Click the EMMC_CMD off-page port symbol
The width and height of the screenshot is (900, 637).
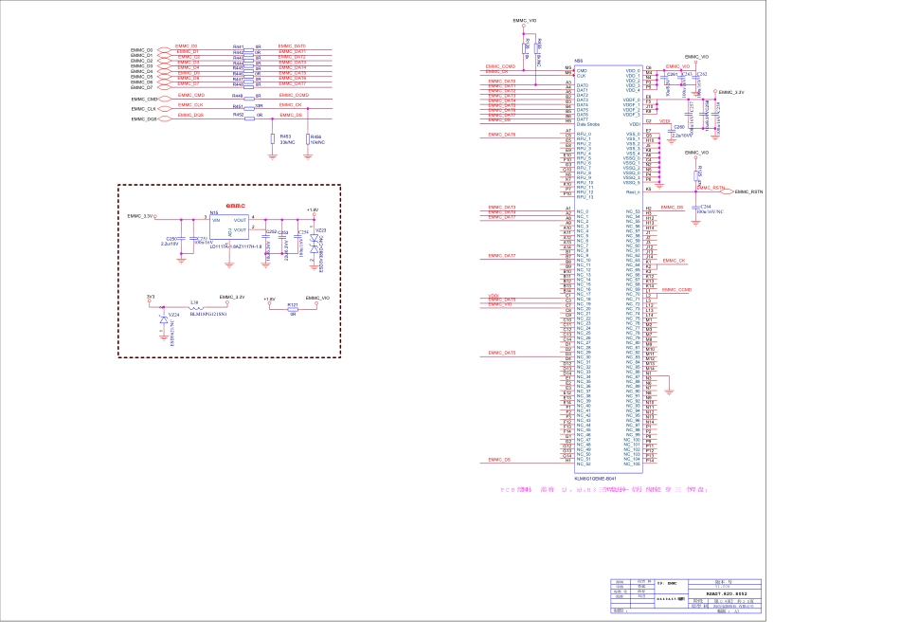(x=164, y=99)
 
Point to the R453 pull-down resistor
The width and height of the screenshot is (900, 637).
(x=273, y=136)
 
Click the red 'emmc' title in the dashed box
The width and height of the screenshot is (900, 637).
(x=236, y=205)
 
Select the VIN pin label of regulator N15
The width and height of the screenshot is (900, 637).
(x=215, y=220)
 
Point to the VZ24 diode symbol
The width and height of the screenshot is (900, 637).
(x=163, y=319)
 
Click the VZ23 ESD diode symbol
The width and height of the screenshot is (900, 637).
(x=314, y=243)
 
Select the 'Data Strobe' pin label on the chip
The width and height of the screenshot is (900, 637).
(x=588, y=124)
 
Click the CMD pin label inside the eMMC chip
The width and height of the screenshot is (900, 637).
(x=582, y=71)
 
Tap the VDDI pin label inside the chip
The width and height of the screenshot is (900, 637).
(x=634, y=124)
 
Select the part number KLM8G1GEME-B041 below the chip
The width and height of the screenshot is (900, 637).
(x=603, y=479)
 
